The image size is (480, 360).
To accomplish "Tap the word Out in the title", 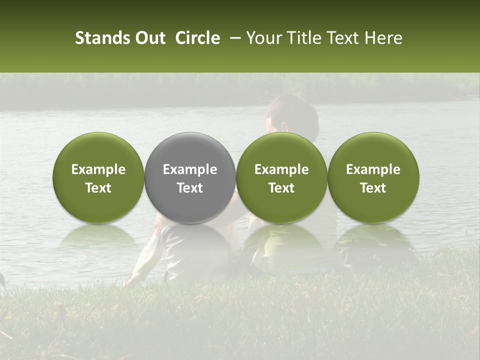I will [149, 38].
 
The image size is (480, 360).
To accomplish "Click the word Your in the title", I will [264, 38].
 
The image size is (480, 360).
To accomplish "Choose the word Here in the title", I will [384, 38].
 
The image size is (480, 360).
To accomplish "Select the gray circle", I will [189, 177].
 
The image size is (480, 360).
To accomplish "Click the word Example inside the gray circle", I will [190, 169].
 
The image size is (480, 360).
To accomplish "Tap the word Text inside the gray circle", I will [190, 188].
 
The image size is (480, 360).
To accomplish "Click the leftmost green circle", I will [98, 177].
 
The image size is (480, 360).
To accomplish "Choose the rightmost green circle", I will [373, 177].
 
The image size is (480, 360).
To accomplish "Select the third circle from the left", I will [281, 177].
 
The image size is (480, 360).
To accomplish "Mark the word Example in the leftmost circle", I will [98, 169].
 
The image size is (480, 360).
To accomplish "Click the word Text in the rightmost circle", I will [373, 188].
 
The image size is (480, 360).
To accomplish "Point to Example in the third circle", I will [281, 169].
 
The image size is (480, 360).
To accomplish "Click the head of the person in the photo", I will [292, 117].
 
